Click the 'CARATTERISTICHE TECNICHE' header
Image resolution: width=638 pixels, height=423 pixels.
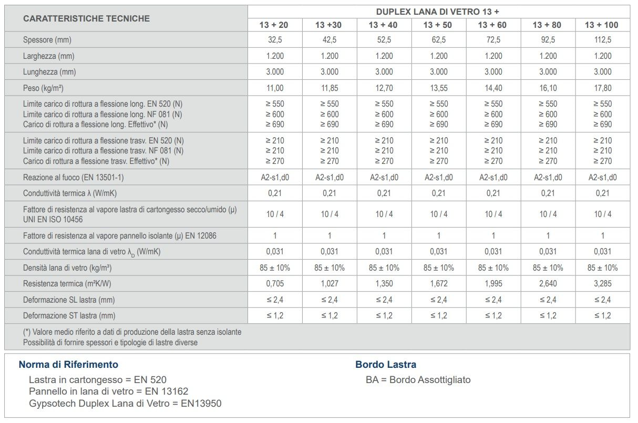86,18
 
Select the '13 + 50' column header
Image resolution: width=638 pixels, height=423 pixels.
438,25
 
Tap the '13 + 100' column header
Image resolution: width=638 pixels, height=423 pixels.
602,25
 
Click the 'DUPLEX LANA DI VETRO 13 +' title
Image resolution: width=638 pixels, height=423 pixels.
438,12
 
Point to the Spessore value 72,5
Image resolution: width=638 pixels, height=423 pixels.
493,40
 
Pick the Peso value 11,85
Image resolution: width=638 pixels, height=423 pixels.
330,88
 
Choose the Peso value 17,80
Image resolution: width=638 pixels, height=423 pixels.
602,88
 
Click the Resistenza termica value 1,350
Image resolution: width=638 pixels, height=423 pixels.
384,284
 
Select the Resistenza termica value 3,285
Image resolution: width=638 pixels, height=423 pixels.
602,284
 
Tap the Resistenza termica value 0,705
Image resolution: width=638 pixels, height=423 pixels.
275,284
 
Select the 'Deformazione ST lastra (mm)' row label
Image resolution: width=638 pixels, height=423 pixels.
69,316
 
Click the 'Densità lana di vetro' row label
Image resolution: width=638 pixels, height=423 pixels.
67,268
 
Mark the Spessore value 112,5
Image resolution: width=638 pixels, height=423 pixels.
602,40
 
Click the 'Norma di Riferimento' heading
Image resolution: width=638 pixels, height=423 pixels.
68,365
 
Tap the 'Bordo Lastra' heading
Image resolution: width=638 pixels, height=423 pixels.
386,365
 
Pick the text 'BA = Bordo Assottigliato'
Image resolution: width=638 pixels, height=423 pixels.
418,379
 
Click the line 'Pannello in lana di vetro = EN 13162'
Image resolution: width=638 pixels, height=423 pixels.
108,391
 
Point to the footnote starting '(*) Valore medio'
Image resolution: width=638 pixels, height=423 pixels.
132,332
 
